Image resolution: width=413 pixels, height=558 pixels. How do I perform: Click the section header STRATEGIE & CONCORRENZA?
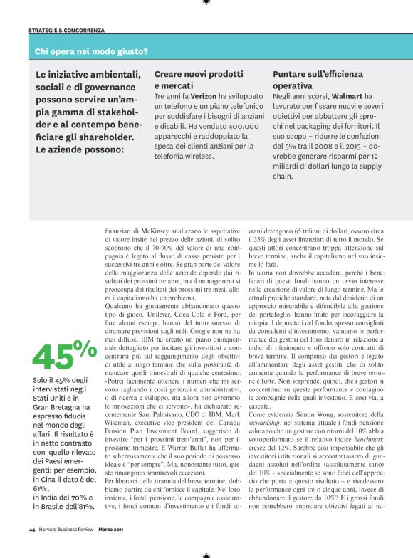click(x=66, y=31)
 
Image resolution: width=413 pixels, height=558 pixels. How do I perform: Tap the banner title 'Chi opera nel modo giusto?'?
click(x=91, y=51)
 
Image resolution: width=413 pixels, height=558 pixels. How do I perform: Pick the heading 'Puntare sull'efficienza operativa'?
click(x=318, y=79)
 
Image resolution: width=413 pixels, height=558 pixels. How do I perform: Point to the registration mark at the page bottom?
click(x=206, y=554)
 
